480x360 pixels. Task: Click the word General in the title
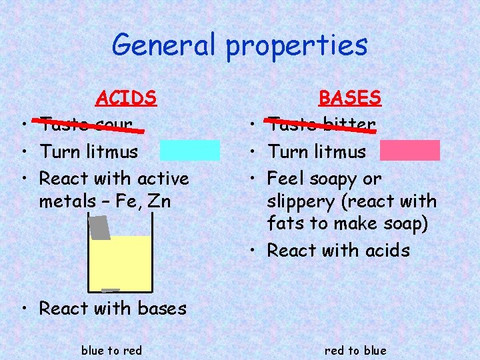(164, 45)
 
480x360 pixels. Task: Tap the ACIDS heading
(126, 99)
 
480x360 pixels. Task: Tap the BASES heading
(349, 99)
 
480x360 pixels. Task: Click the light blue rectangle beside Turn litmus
(189, 151)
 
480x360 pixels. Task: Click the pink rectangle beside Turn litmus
(410, 151)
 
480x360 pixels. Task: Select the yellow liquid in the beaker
(120, 263)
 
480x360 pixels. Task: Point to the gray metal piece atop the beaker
(99, 227)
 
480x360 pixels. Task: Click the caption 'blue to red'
(111, 351)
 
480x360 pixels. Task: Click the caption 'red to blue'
(355, 351)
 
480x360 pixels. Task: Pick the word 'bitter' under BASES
(349, 125)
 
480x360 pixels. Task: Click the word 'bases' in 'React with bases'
(162, 309)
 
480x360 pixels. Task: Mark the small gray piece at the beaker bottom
(110, 291)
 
